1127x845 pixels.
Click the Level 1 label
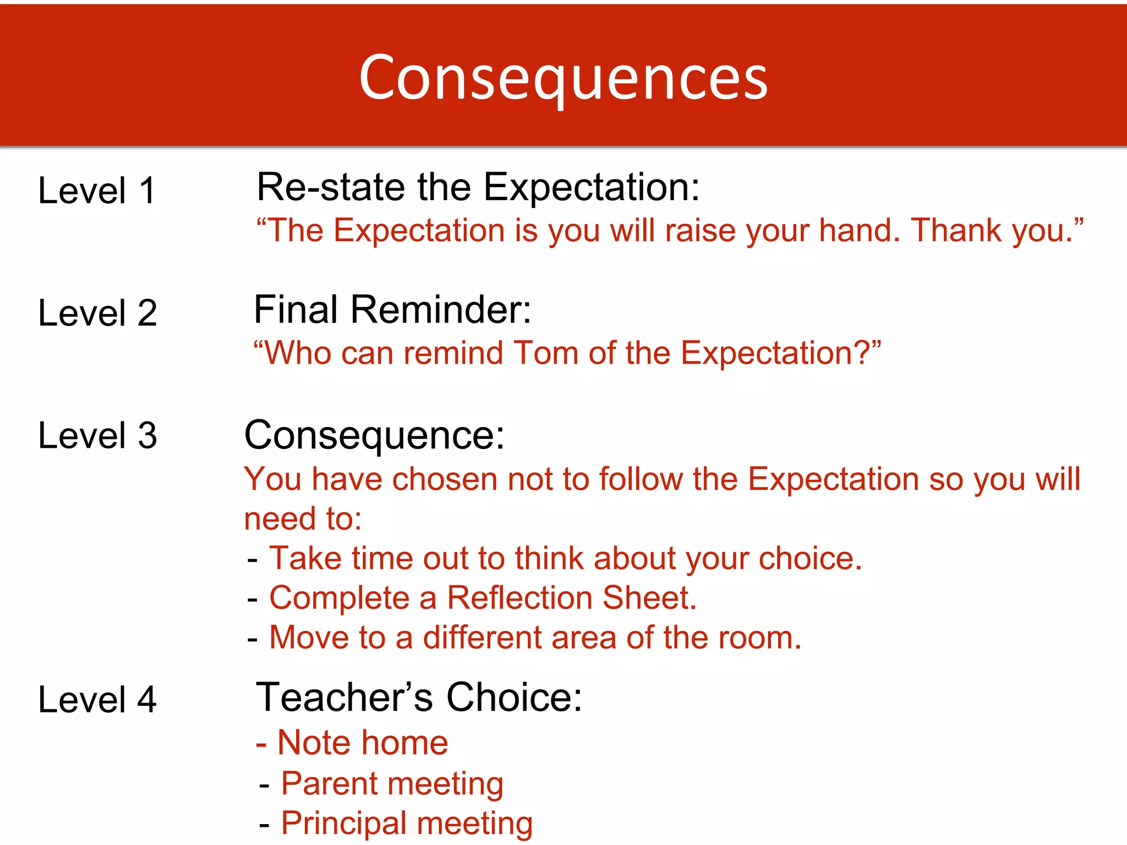click(97, 191)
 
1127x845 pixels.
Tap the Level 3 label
click(97, 435)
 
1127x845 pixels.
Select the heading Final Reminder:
click(392, 309)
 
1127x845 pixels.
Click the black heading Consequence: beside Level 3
click(374, 435)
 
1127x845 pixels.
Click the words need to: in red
click(303, 519)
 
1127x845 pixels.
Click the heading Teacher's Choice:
click(419, 697)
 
